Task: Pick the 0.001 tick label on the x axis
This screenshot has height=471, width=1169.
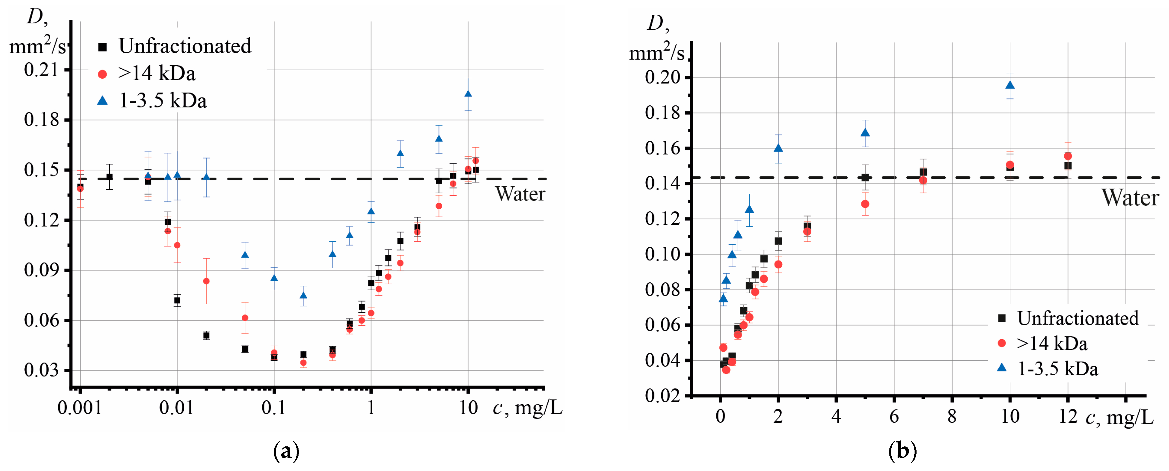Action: (x=79, y=408)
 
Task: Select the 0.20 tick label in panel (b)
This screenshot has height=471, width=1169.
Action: (x=663, y=77)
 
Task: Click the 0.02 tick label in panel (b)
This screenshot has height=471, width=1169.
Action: (x=663, y=396)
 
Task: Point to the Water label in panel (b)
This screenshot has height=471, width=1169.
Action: (x=1130, y=198)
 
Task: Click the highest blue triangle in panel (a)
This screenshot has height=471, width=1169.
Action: (x=468, y=94)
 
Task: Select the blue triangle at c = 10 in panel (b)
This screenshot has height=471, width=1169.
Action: (x=1010, y=85)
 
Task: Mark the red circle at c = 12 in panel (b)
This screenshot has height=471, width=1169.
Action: (x=1068, y=156)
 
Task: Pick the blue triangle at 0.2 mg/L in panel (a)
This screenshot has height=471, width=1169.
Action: (x=303, y=295)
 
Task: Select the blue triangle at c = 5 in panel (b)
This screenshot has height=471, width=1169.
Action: (x=865, y=133)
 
